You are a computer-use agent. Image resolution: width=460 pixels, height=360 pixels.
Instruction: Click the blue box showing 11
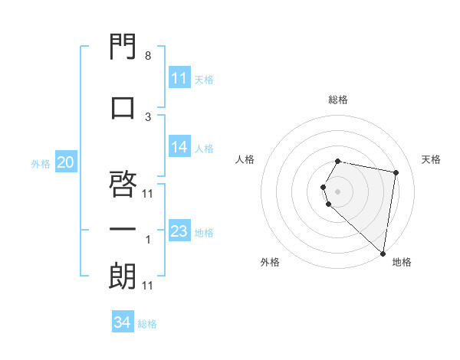[179, 78]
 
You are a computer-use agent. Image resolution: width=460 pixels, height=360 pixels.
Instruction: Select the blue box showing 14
[179, 147]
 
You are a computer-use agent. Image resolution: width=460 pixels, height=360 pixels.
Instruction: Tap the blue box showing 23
[179, 231]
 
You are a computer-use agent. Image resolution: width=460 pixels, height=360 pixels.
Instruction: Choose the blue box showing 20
[66, 162]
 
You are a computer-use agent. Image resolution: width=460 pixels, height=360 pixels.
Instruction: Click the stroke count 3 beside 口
[147, 116]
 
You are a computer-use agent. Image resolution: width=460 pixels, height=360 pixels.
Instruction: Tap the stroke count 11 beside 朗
[148, 286]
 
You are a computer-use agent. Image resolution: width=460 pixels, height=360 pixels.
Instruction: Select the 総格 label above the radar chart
[338, 100]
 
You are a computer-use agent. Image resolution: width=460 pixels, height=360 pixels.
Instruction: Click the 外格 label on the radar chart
[270, 262]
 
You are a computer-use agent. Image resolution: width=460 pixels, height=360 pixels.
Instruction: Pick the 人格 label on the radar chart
[245, 159]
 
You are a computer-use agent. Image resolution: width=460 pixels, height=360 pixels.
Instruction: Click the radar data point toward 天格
[396, 173]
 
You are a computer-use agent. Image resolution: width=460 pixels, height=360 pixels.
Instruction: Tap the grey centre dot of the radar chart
[337, 191]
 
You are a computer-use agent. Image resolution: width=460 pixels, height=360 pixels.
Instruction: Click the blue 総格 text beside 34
[147, 324]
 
